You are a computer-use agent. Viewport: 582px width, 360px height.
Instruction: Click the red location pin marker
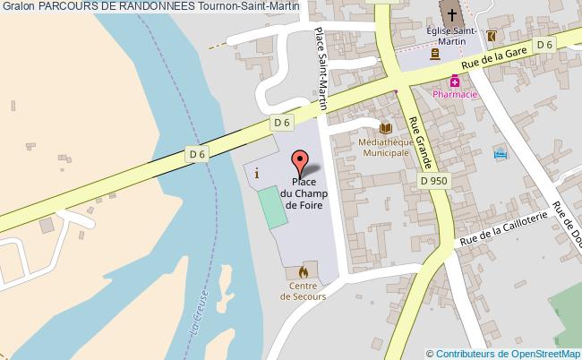302,161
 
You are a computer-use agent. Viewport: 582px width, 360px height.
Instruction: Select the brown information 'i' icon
258,174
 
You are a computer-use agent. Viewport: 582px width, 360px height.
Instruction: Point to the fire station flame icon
303,270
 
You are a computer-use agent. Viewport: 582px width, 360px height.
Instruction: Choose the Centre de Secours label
303,290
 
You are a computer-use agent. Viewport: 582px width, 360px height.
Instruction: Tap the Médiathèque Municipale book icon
386,128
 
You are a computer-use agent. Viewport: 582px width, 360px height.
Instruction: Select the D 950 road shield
433,180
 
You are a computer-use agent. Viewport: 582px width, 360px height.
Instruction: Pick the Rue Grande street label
420,142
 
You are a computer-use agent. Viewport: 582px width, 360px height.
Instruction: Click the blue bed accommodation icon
500,155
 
